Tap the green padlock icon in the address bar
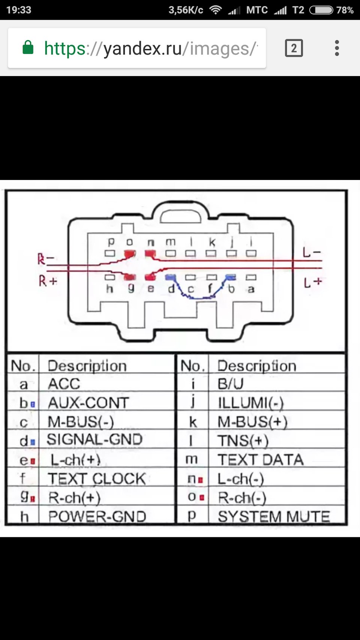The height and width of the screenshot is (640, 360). click(28, 48)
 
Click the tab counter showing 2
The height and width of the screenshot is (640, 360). click(294, 48)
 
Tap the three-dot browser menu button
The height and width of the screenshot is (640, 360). click(337, 48)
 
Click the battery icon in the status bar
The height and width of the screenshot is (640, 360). click(321, 10)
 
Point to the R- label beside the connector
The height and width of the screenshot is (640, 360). click(46, 259)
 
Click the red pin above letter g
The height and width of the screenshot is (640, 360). click(130, 277)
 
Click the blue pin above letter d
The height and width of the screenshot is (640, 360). click(171, 277)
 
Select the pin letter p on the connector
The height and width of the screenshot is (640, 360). click(111, 242)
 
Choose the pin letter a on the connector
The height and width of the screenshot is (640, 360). click(251, 289)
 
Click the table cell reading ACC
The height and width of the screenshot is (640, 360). click(64, 384)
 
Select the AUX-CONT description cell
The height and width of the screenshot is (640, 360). click(88, 403)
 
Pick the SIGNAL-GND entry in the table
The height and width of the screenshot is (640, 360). click(94, 439)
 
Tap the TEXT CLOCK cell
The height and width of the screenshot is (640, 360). click(97, 479)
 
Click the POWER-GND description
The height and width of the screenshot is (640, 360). click(97, 517)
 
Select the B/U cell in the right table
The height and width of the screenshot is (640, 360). click(230, 384)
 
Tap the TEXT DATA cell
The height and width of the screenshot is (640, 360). click(261, 460)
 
